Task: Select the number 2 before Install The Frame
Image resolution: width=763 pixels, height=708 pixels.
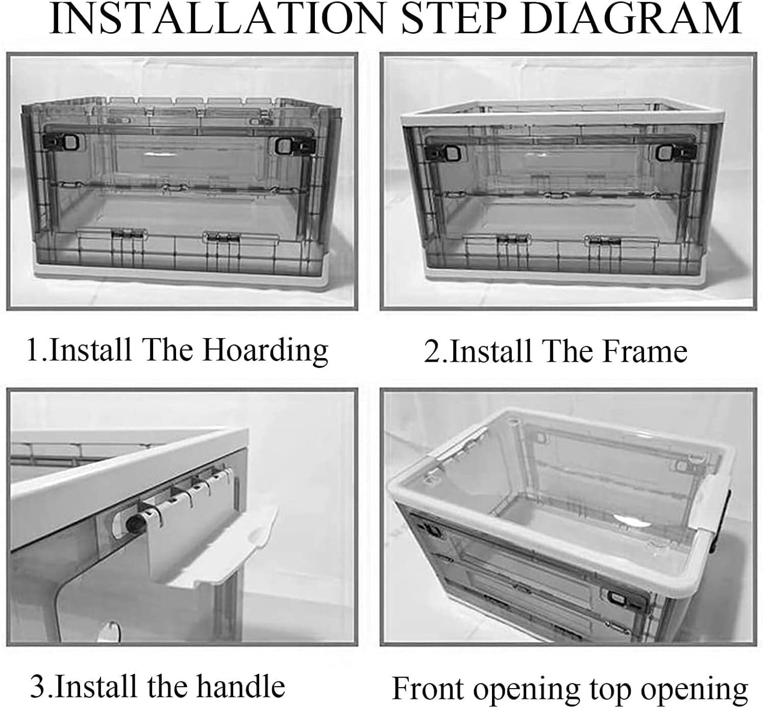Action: tap(433, 351)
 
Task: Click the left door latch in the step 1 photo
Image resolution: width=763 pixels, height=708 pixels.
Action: tap(63, 143)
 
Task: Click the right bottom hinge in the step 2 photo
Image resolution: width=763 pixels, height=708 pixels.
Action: tap(603, 241)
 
